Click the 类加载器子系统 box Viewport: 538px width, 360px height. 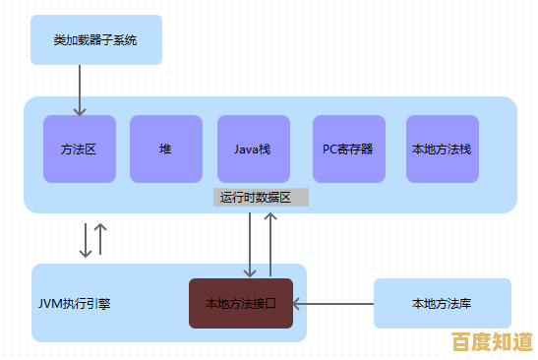tap(94, 40)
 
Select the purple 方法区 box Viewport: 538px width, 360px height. tap(79, 149)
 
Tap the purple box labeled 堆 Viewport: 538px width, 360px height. tap(165, 149)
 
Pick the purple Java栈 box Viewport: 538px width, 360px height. tap(253, 149)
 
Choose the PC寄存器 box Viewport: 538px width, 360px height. tap(348, 149)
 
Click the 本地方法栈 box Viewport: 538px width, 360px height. tap(442, 149)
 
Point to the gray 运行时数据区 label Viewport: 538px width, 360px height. tap(261, 198)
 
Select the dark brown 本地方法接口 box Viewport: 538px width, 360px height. tap(241, 303)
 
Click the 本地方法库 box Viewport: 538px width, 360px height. tap(442, 303)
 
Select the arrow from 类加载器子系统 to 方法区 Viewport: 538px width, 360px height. tap(79, 90)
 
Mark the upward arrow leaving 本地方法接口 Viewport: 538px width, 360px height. tap(270, 241)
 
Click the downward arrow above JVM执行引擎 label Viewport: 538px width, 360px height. tap(86, 240)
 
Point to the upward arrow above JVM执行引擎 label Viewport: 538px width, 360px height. tap(100, 240)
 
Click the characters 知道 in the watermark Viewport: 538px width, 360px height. tap(511, 342)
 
